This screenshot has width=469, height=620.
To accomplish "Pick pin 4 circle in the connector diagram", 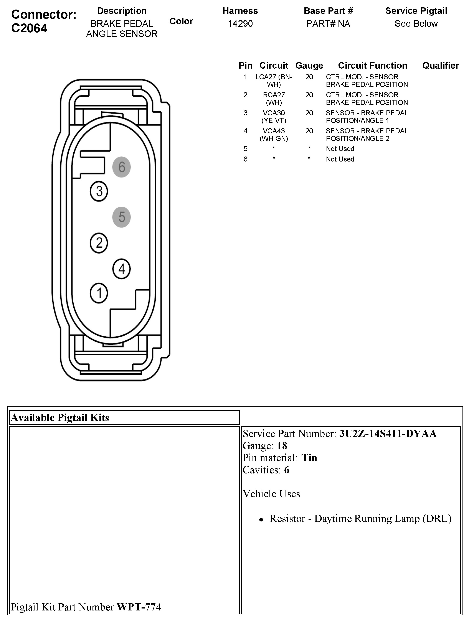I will tap(121, 269).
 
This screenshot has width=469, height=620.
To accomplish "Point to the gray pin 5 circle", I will tap(121, 217).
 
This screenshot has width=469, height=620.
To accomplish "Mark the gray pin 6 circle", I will tap(121, 167).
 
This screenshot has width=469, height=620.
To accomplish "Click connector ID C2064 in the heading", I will tap(30, 28).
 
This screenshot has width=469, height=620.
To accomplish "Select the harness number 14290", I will tap(240, 23).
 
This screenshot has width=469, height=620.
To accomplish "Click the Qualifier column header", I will tap(440, 66).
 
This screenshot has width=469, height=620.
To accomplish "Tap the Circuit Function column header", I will tap(372, 66).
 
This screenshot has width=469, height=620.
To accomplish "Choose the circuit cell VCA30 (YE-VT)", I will tap(274, 117).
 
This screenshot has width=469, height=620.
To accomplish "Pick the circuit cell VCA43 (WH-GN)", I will tap(274, 135).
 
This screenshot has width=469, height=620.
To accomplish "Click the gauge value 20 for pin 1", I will tap(309, 77).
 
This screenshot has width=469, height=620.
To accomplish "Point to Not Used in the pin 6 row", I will tap(340, 159).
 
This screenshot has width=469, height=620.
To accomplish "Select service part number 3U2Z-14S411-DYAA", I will tap(388, 434).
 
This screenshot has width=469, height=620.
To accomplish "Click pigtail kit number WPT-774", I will tap(139, 607).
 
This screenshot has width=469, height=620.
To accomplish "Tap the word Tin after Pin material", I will tap(309, 458).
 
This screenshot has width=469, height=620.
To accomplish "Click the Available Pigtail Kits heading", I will tap(60, 418).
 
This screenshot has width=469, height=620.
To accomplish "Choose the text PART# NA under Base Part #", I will tap(328, 23).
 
